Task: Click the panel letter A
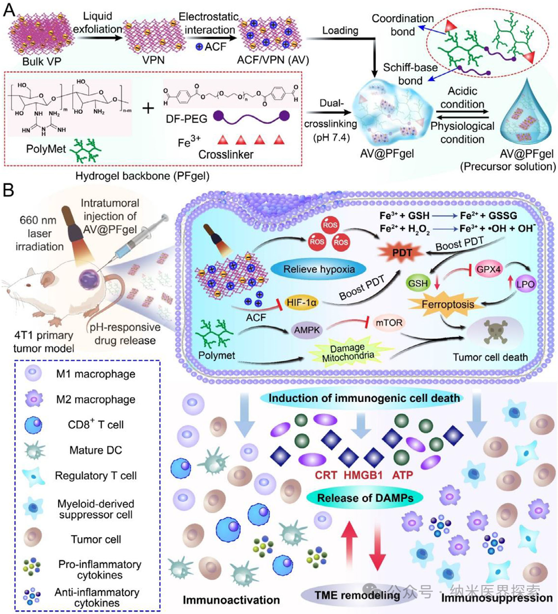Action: point(9,11)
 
